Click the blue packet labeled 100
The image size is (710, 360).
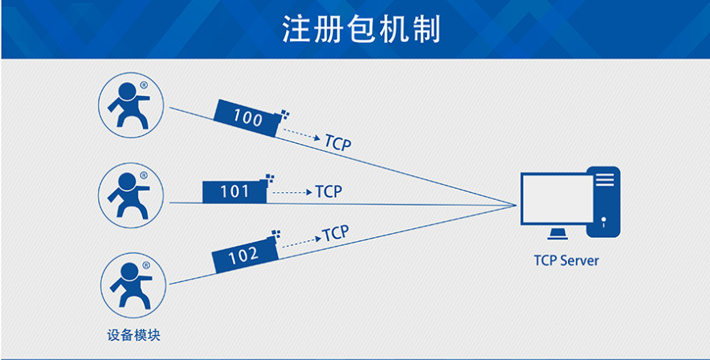point(247,119)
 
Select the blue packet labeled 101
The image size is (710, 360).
point(234,191)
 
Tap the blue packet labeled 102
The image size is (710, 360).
point(244,256)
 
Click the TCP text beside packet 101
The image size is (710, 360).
point(328,192)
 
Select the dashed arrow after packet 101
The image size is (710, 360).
point(292,193)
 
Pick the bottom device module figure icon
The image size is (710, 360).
point(130,285)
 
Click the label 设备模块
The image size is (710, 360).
point(133,334)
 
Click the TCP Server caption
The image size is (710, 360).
point(566,260)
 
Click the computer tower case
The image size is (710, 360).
point(604,201)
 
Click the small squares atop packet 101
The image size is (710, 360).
point(268,178)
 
